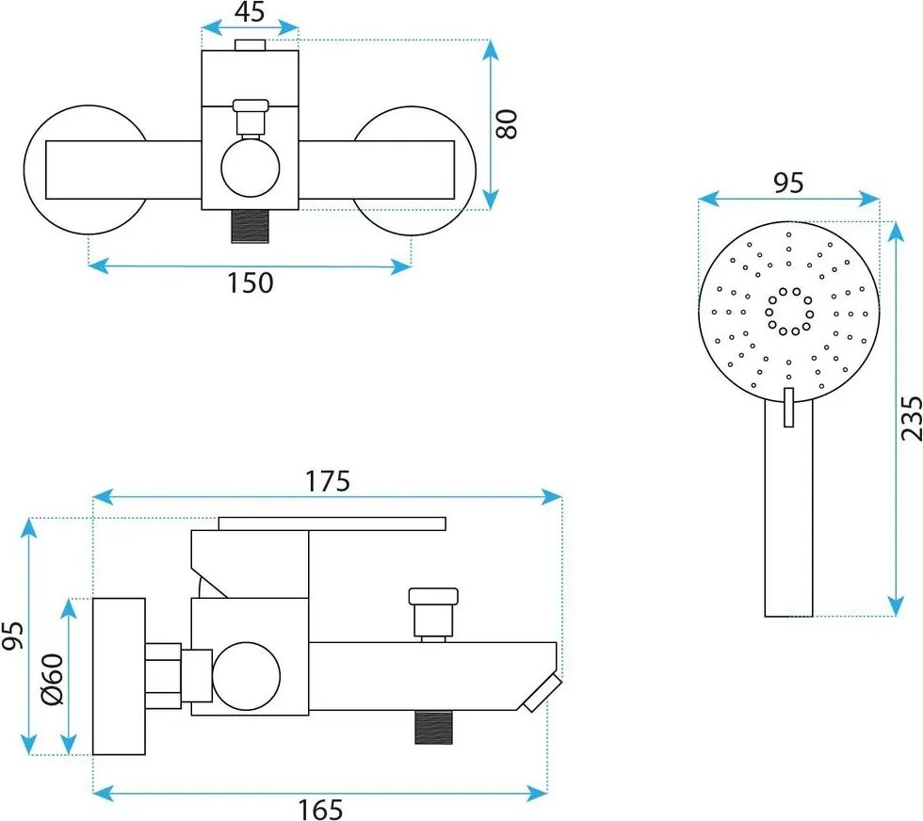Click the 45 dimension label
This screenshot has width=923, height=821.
(251, 12)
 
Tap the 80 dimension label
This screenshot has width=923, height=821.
(506, 123)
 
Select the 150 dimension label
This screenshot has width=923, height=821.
(251, 282)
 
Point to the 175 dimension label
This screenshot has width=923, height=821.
(328, 481)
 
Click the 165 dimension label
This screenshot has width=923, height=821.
(320, 810)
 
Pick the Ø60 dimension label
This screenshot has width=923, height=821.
(52, 679)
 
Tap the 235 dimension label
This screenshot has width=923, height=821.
(912, 418)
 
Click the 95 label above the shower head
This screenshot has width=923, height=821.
(788, 183)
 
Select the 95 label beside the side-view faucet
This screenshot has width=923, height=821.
(12, 635)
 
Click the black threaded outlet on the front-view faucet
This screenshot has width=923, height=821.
(251, 226)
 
